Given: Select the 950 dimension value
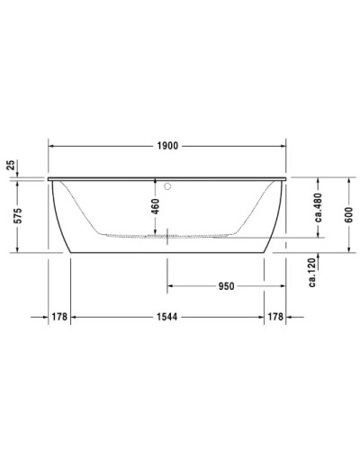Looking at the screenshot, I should (x=226, y=286).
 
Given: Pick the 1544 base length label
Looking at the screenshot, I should (x=168, y=317).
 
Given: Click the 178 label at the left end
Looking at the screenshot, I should (x=59, y=317).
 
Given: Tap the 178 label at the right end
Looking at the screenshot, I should (x=276, y=317).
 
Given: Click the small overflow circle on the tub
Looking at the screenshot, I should (x=168, y=186).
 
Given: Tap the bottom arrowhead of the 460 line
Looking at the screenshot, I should (x=168, y=235).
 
